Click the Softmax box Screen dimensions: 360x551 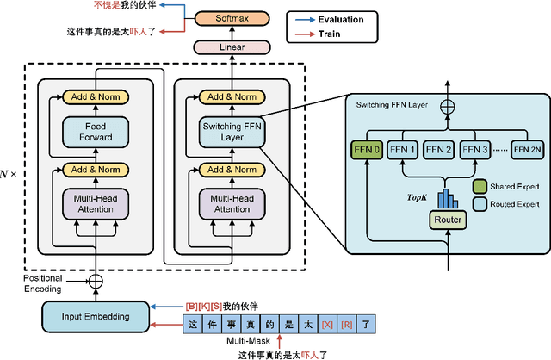coord(226,18)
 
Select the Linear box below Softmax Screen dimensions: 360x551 coord(226,47)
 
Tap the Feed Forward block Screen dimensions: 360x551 coord(96,132)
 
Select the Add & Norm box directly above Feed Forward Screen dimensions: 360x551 coord(96,96)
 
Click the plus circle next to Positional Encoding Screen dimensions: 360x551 coord(96,281)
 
